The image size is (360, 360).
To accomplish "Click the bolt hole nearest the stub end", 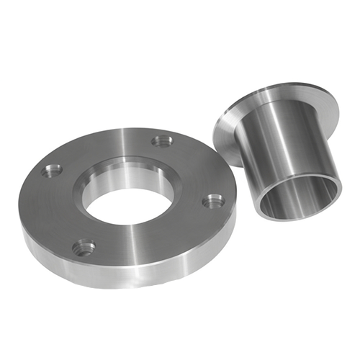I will point(213,201).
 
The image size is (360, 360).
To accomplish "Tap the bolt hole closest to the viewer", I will point(84,248).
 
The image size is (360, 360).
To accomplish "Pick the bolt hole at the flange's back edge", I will point(161,142).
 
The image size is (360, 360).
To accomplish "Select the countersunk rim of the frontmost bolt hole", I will point(84,242).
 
